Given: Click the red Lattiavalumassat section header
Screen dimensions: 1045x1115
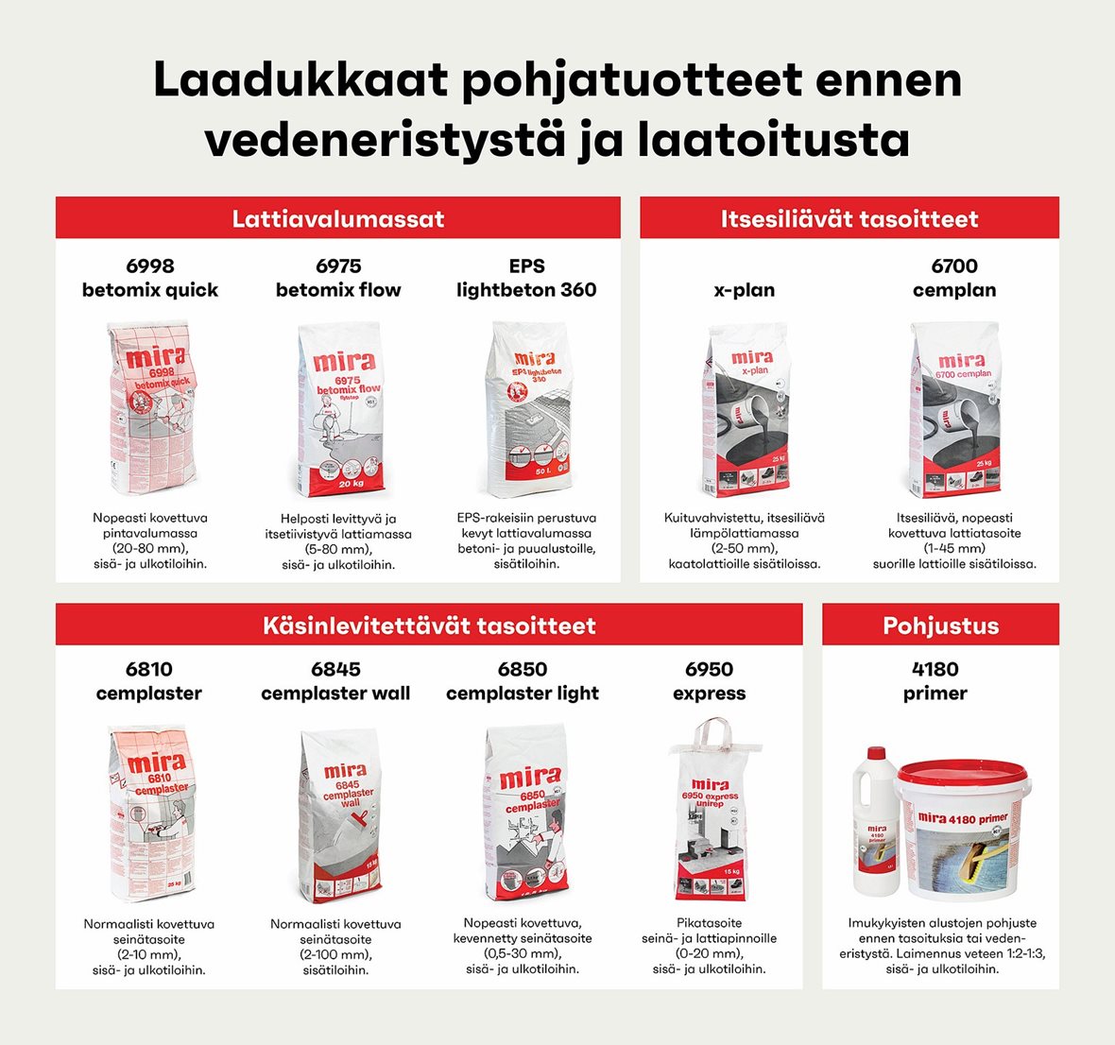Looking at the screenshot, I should click(x=337, y=218).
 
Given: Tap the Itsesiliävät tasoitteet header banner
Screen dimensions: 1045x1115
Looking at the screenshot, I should click(x=849, y=218).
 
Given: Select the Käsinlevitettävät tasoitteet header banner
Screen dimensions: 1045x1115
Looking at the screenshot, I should click(x=429, y=625).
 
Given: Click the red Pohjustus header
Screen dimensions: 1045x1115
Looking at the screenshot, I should click(x=940, y=625).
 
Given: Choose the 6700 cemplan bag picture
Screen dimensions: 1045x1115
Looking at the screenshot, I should click(x=955, y=410).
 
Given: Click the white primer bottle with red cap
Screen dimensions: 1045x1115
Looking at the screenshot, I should click(x=876, y=822).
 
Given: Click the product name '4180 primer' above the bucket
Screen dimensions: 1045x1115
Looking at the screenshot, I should click(x=935, y=681).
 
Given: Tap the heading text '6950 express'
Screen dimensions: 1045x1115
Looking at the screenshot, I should click(x=709, y=681).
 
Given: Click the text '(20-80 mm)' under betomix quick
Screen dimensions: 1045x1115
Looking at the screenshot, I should click(x=150, y=548).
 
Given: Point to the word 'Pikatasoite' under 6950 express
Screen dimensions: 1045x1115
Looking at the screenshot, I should click(x=709, y=923).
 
